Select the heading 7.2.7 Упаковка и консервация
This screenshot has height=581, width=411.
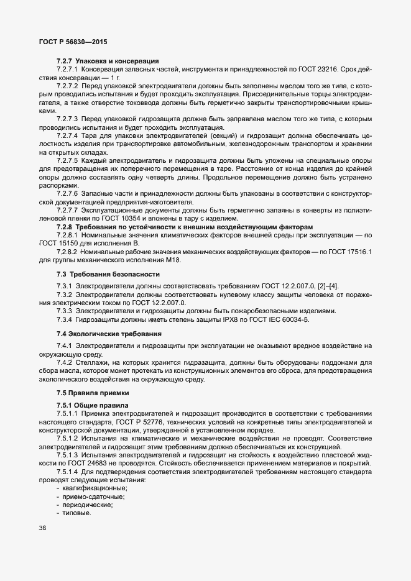(x=107, y=61)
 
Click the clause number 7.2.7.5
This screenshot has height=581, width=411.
(x=67, y=160)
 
